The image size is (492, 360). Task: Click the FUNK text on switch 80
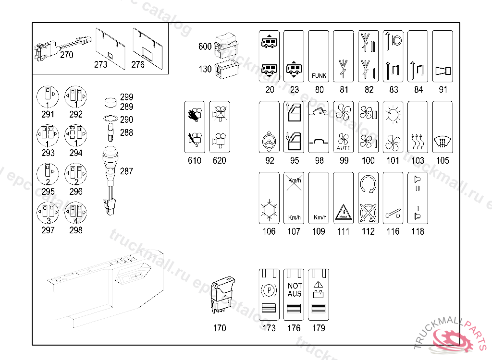319,75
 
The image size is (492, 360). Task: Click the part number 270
67,55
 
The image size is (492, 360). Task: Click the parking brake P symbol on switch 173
269,290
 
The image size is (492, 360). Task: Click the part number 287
127,171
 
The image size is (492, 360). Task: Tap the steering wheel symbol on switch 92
269,142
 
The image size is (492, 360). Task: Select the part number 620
219,160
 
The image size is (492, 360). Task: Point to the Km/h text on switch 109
320,218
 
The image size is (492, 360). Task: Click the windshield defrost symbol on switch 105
443,141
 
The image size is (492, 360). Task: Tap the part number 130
205,69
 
